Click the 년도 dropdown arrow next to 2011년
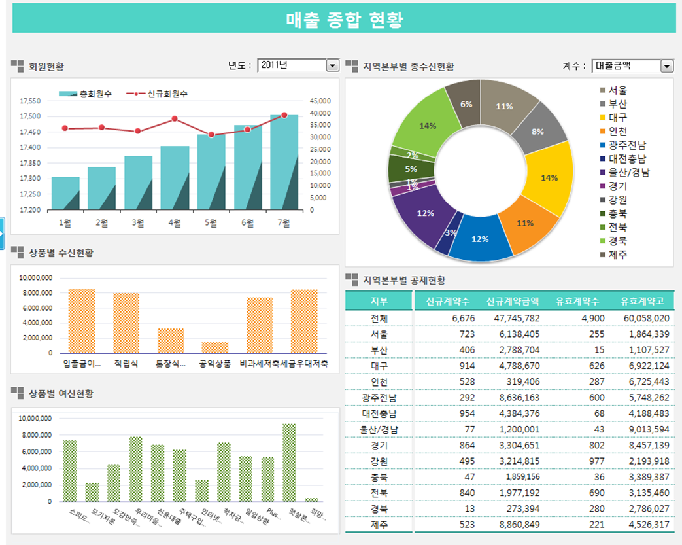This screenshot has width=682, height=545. pos(332,65)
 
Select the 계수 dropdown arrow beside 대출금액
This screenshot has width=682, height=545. pos(667,66)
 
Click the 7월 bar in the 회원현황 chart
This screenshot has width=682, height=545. pos(284,163)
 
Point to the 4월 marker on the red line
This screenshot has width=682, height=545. pos(175,119)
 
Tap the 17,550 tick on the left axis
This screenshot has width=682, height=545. pos(30,101)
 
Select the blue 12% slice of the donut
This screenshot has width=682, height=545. pos(480,239)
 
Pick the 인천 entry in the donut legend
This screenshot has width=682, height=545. pos(618,132)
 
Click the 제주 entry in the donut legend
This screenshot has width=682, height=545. pos(618,255)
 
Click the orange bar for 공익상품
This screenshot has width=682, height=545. pos(215,347)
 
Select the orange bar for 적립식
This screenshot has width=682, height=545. pos(126,323)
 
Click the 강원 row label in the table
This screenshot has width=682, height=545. pos(379,462)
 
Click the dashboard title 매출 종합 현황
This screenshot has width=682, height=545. pos(344,20)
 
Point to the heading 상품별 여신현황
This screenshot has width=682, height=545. pos(61,394)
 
